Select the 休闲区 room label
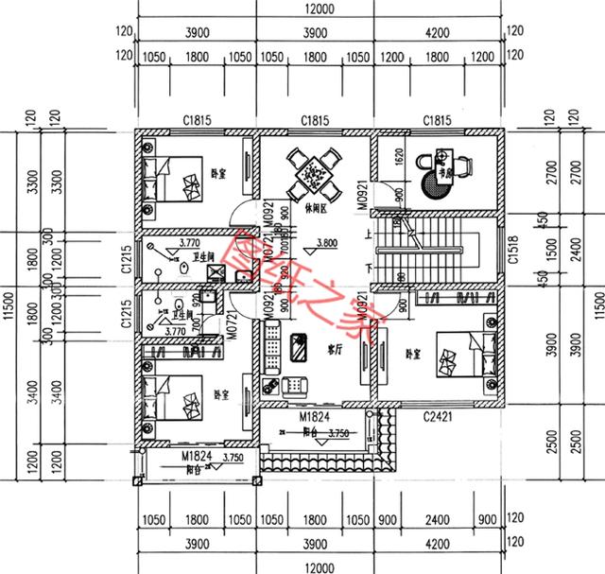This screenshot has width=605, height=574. (x=318, y=205)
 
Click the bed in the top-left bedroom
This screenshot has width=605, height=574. (x=175, y=177)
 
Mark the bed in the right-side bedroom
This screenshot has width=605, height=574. (x=463, y=359)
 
